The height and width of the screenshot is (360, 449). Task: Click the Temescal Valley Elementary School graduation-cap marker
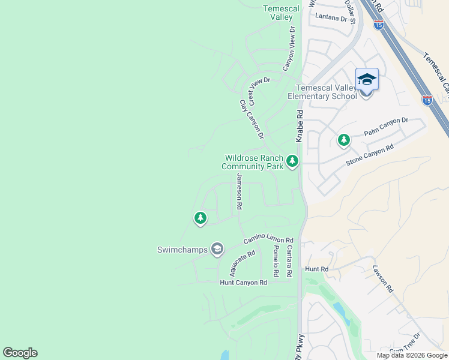367,79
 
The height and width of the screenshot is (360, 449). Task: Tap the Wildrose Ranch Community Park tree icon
292,161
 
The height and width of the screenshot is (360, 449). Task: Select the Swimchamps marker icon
217,248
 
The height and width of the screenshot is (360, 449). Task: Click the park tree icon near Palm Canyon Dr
343,140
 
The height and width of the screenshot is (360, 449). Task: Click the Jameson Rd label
239,191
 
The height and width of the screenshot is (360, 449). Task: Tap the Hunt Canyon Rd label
243,283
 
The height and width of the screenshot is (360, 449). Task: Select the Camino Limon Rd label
268,240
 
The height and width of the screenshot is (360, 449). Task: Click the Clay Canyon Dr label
252,119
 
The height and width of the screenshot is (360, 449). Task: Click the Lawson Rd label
383,278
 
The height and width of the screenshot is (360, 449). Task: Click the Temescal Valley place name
277,13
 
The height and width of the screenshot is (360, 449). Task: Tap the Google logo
20,353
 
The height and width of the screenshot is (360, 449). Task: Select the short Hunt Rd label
316,270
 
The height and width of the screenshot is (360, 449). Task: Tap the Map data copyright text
412,355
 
